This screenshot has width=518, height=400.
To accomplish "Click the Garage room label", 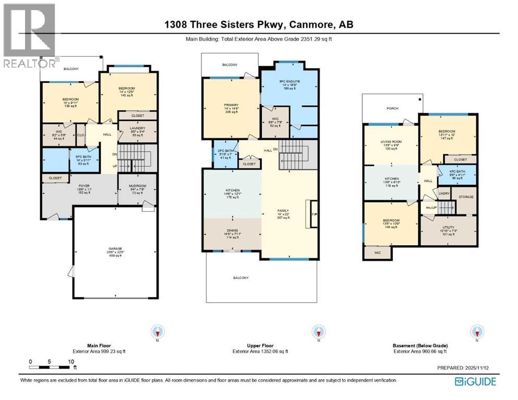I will pyautogui.click(x=114, y=252).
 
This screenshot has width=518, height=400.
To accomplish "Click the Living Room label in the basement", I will pyautogui.click(x=391, y=145).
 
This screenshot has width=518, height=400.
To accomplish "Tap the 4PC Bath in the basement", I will pyautogui.click(x=459, y=174).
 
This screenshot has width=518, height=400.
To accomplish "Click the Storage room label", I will pyautogui.click(x=463, y=196).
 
